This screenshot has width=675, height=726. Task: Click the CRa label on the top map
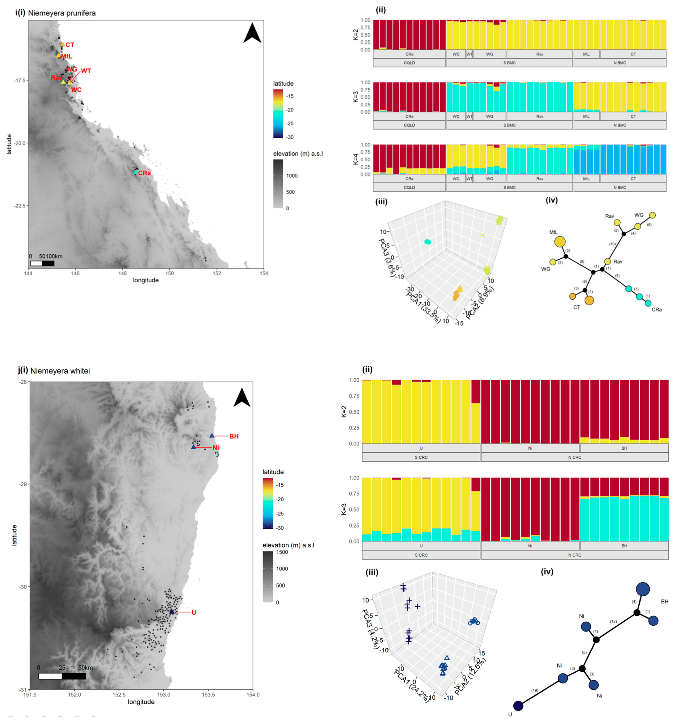pyautogui.click(x=145, y=173)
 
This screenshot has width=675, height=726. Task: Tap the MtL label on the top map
pyautogui.click(x=67, y=56)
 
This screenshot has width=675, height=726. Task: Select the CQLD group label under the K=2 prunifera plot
pyautogui.click(x=409, y=63)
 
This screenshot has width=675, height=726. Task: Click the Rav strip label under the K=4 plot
pyautogui.click(x=539, y=179)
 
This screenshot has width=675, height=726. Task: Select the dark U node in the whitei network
pyautogui.click(x=518, y=706)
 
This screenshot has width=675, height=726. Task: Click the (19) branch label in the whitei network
pyautogui.click(x=535, y=690)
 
